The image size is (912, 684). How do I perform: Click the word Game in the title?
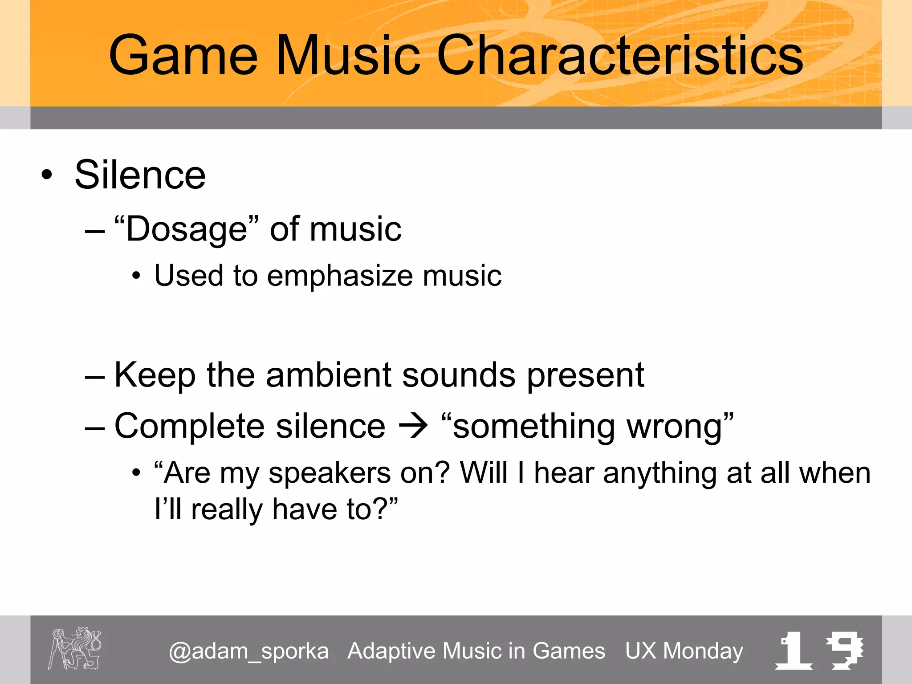coord(183,56)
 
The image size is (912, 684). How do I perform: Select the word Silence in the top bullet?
coord(140,175)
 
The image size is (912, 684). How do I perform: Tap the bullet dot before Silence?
coord(47,175)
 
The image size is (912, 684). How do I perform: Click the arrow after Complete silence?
coord(413,426)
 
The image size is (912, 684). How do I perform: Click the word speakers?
coord(330,473)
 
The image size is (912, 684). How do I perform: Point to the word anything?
coord(659,473)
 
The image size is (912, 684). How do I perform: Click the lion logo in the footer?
coord(75,648)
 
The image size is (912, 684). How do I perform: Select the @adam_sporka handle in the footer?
coord(248,651)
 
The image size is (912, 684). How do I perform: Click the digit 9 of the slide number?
coord(844,650)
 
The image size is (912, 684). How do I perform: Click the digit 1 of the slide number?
coord(794,650)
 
